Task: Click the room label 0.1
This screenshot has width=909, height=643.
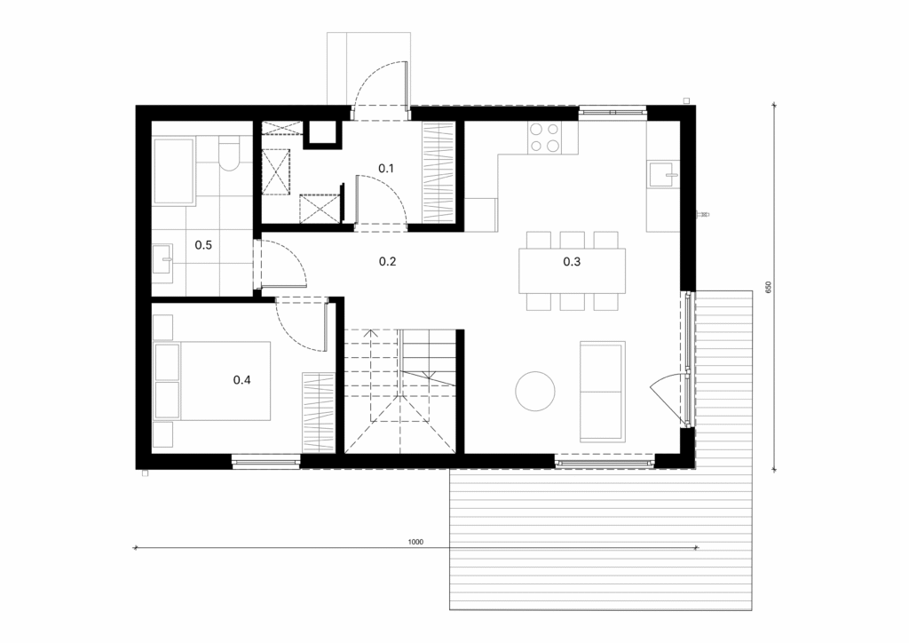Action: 386,168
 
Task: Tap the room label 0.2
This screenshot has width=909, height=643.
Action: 387,261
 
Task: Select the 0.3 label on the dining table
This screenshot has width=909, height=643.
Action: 572,261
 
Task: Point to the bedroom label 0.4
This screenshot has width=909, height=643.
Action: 241,380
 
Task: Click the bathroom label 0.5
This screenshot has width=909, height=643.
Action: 203,244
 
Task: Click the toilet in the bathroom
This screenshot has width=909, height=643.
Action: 229,154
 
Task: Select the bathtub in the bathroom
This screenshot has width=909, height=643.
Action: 173,171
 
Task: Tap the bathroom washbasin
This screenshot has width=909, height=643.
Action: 162,264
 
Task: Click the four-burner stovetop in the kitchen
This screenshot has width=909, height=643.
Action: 544,138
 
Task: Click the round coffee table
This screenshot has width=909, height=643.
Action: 535,391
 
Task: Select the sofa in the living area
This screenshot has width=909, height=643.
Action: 603,392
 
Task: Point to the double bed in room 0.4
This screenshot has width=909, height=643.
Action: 212,380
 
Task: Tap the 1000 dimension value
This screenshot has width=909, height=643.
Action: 415,542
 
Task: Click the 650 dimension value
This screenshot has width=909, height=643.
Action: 769,287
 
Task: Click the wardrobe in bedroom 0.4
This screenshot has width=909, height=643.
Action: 319,413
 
